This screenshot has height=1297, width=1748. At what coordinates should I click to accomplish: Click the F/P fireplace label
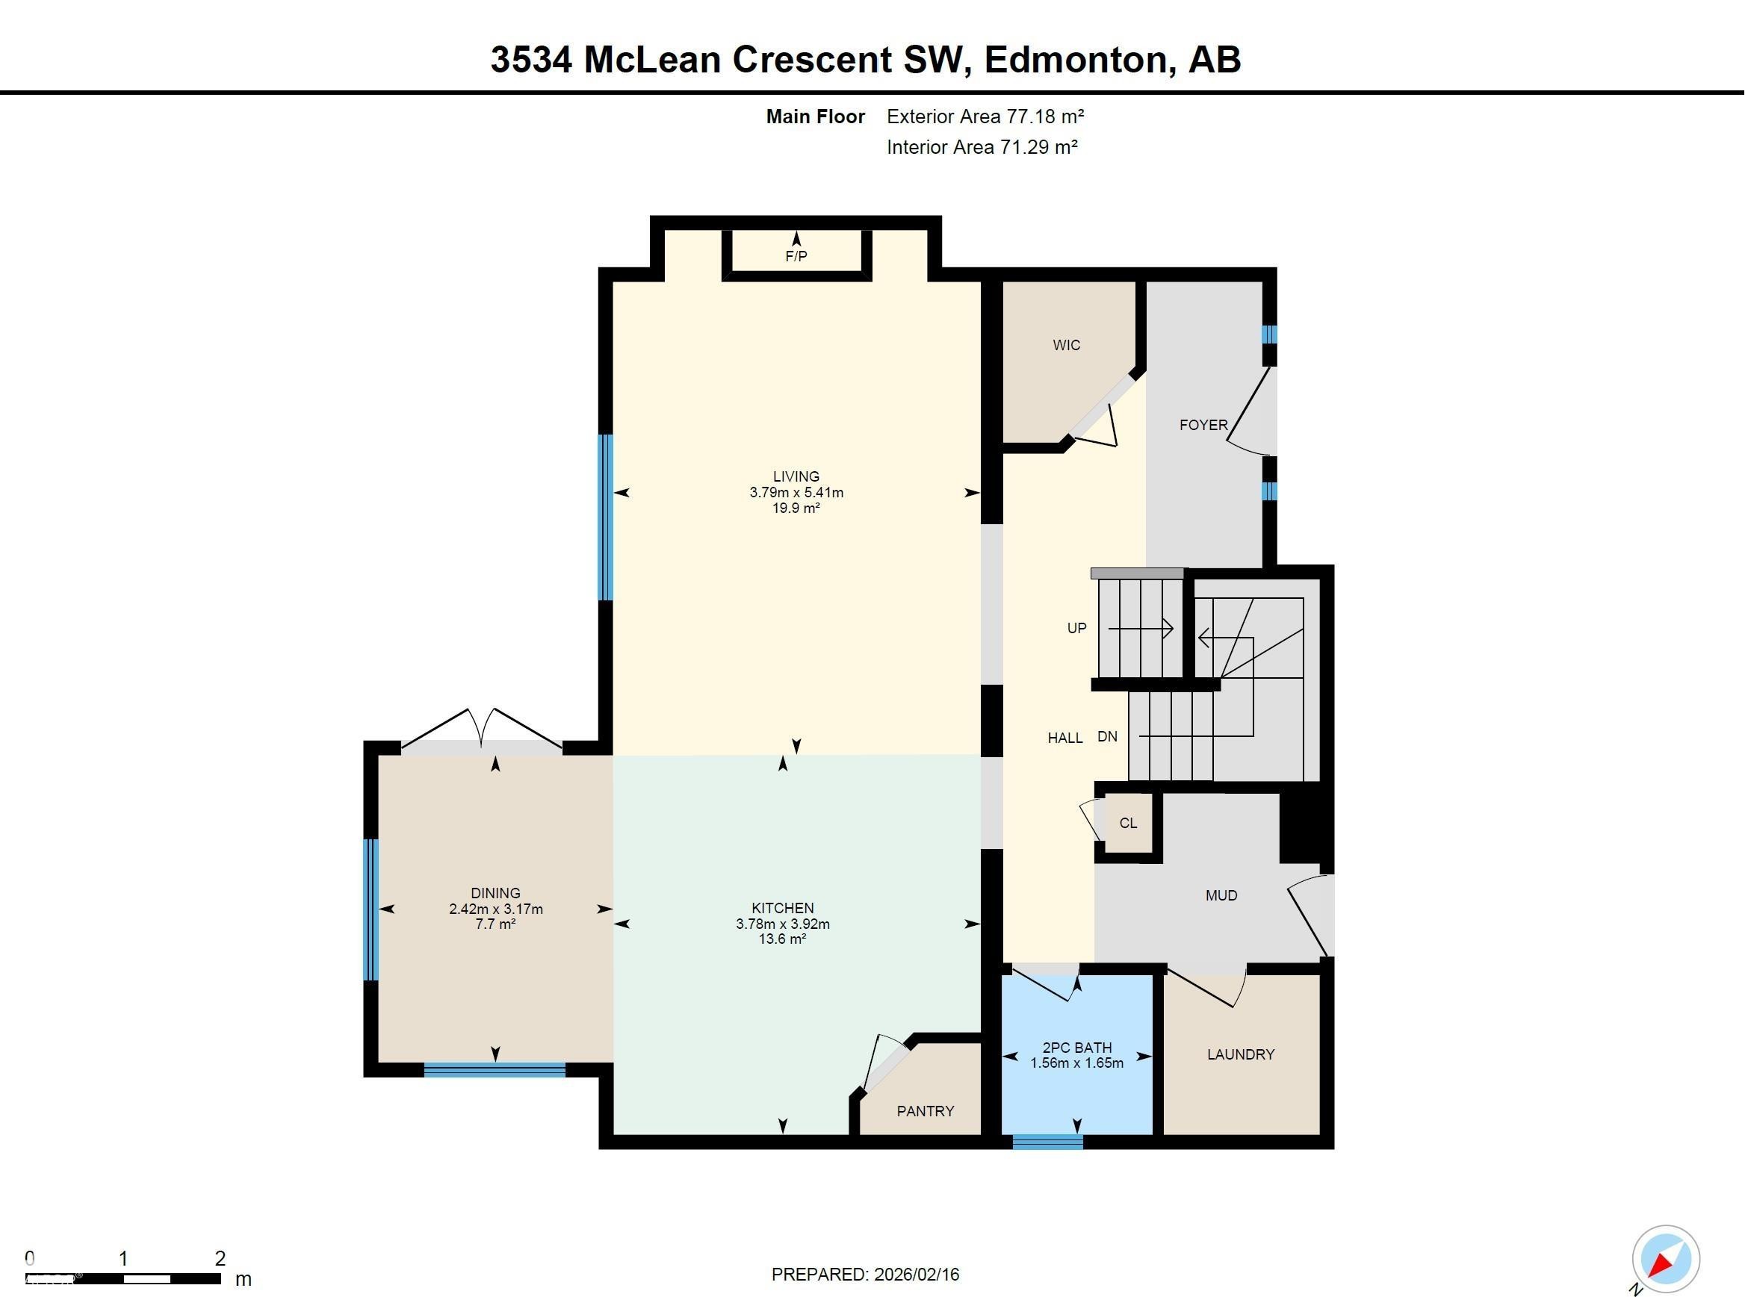tap(796, 256)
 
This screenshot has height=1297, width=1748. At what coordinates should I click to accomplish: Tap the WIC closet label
tap(1067, 345)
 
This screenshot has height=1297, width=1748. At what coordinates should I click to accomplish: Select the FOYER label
tap(1203, 425)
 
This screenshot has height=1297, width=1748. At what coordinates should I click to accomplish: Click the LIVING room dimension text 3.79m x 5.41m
tap(796, 492)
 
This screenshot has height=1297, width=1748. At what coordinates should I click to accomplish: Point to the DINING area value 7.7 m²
tap(495, 924)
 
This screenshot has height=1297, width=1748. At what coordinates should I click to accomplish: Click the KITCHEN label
tap(782, 907)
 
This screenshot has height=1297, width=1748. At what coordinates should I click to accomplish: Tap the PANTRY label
tap(925, 1111)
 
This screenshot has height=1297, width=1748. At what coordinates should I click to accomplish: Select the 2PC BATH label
tap(1076, 1048)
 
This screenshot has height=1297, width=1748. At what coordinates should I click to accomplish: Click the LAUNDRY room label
tap(1241, 1054)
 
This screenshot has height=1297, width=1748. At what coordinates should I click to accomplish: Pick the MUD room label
tap(1221, 895)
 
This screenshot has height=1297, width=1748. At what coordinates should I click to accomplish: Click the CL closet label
tap(1128, 823)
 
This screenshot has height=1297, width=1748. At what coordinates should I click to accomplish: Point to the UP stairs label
tap(1076, 627)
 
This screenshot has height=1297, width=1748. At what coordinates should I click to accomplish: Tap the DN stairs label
tap(1107, 736)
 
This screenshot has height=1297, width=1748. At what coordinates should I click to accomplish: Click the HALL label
tap(1064, 737)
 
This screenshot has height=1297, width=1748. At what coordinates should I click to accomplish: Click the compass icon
tap(1667, 1258)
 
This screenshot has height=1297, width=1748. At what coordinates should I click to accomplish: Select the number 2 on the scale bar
tap(220, 1258)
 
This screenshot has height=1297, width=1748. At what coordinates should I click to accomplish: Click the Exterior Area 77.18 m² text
tap(985, 116)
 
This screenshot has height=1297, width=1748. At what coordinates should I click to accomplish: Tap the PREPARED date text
tap(864, 1275)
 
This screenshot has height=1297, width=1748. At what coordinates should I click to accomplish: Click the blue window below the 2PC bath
tap(1047, 1142)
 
